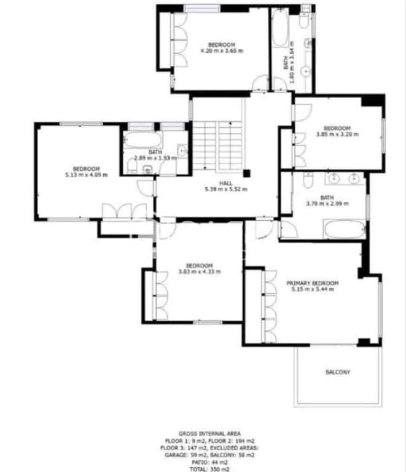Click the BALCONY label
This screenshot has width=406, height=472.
click(338, 372)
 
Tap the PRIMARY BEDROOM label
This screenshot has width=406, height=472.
click(313, 283)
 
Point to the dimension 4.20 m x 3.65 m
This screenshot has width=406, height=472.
click(222, 51)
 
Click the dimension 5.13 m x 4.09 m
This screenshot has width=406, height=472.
click(86, 175)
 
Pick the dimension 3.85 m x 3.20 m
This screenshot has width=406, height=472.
click(337, 133)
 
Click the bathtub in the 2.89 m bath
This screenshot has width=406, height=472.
click(142, 141)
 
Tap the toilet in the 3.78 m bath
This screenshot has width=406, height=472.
click(308, 179)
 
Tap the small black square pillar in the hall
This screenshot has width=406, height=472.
click(247, 174)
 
